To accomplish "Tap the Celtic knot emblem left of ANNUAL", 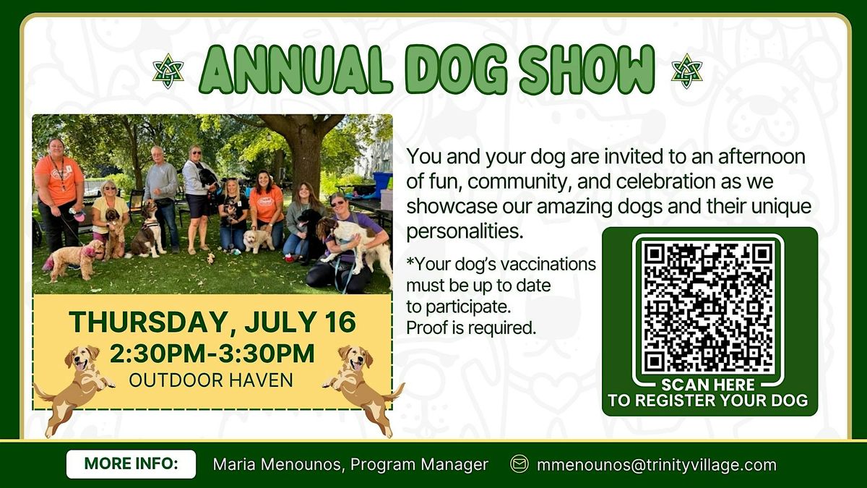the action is tap(168, 71).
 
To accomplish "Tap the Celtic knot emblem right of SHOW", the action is tap(686, 71).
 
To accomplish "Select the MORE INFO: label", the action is tap(131, 463).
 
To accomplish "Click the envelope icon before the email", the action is tap(519, 463).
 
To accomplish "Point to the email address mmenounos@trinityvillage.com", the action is tap(657, 465).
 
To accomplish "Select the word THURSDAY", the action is tap(148, 322).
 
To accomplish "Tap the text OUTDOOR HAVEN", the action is tap(211, 380).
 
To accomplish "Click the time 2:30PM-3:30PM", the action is tap(212, 354).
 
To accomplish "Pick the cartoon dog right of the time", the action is tap(363, 389).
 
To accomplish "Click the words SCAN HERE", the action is tap(708, 385).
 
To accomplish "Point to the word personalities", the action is tap(465, 231).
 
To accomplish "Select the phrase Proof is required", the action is tap(471, 328).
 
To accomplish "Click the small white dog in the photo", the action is tap(257, 240).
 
